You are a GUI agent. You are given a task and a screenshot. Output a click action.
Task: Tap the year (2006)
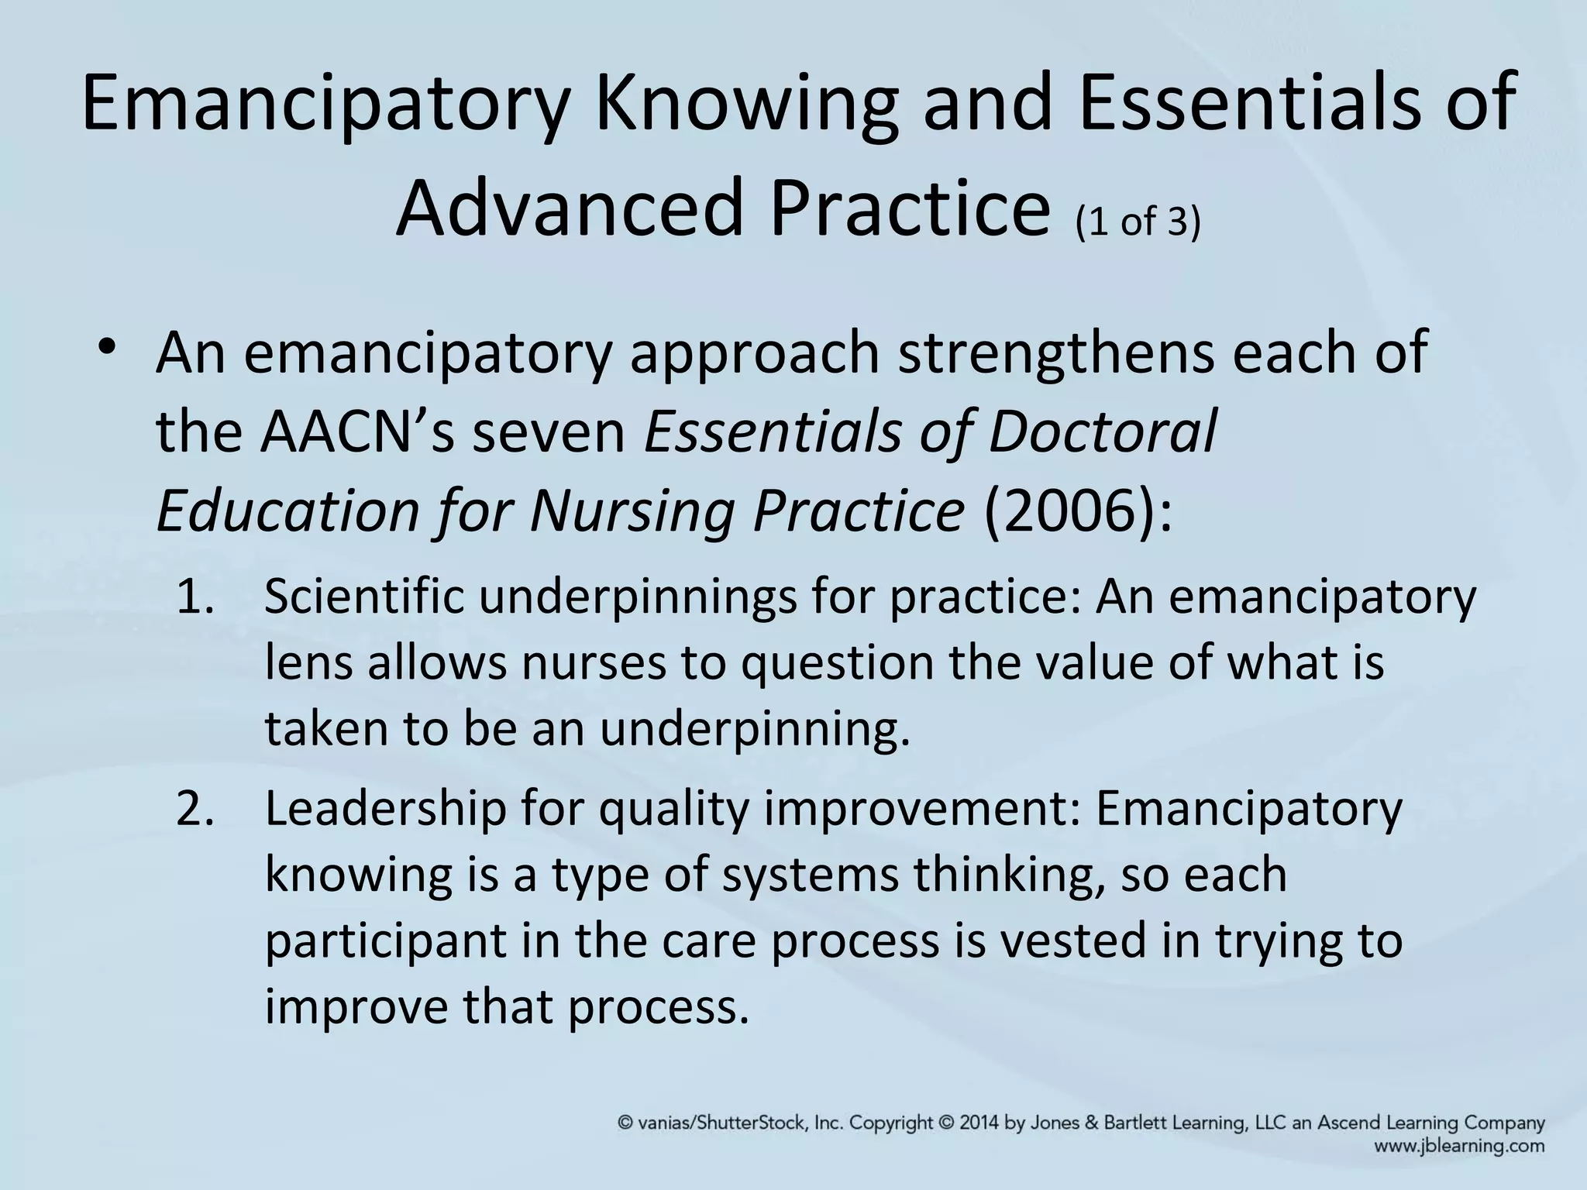click(x=1077, y=511)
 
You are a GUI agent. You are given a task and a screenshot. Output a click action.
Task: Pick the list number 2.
click(x=195, y=809)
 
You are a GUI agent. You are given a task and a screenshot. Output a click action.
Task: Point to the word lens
click(x=308, y=664)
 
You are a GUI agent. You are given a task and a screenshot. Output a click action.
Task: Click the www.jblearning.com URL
click(x=1459, y=1146)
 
